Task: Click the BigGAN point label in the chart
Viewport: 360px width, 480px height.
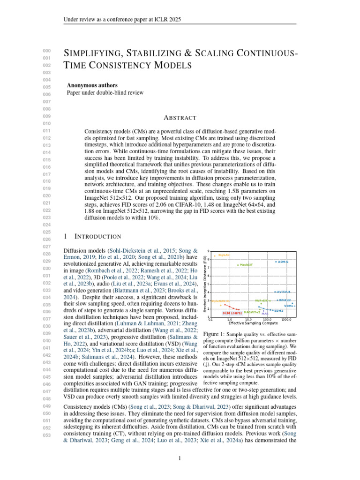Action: (224, 255)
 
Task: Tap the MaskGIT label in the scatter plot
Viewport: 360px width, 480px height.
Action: (247, 265)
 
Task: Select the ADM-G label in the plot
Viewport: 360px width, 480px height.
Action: (283, 262)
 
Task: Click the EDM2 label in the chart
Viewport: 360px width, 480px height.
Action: (279, 310)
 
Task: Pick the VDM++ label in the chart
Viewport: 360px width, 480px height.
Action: (290, 306)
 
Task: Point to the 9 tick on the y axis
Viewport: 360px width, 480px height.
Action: (209, 252)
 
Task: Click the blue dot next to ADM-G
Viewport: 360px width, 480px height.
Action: (276, 262)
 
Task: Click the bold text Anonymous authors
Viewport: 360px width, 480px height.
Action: (92, 85)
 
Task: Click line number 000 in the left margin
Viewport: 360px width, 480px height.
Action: (46, 51)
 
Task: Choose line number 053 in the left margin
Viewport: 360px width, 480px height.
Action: (46, 435)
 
